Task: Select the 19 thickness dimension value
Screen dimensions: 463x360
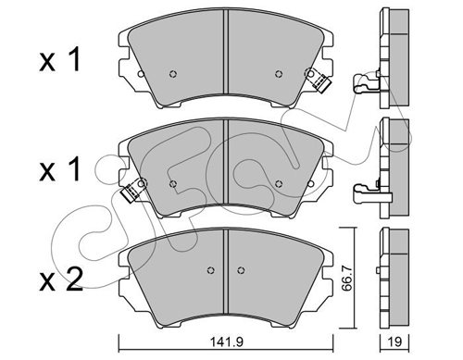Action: pyautogui.click(x=395, y=341)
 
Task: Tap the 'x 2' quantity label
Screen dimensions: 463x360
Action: pyautogui.click(x=61, y=279)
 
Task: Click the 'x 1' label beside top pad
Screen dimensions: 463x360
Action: pyautogui.click(x=60, y=59)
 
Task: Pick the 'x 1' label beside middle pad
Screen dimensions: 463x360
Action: pyautogui.click(x=60, y=169)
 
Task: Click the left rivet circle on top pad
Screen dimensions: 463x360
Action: pyautogui.click(x=173, y=74)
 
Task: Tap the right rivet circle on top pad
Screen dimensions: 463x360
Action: pyautogui.click(x=279, y=74)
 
